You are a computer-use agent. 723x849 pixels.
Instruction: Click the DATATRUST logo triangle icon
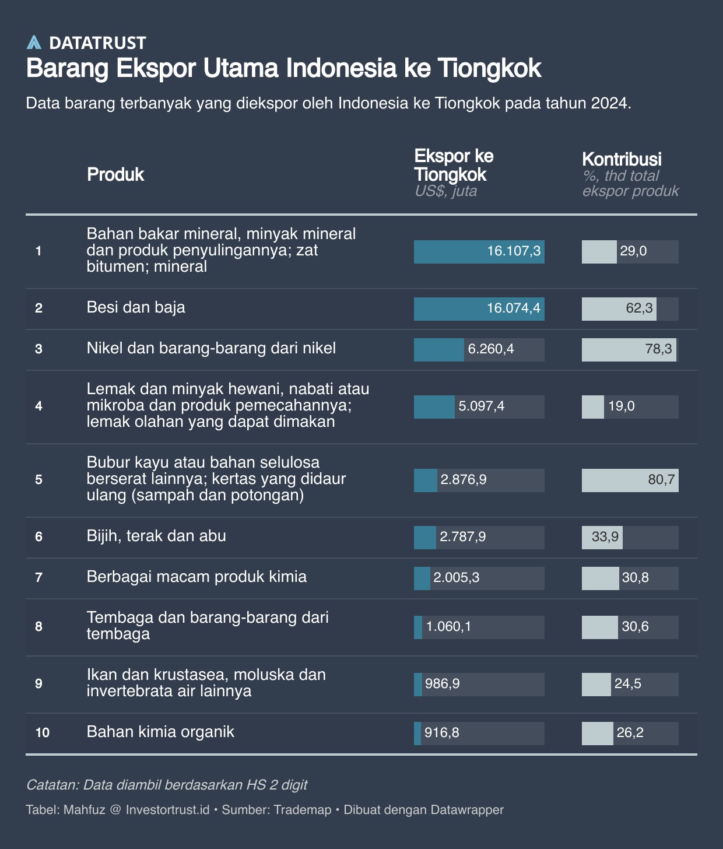34,43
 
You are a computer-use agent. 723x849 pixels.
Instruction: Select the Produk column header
115,174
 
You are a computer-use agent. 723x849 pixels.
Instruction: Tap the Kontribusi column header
622,159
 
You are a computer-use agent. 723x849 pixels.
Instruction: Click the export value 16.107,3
514,251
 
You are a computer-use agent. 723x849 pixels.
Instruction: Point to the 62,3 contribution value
639,308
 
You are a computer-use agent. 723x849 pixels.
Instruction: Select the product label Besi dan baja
136,307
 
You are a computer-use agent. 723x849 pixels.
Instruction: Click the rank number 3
38,349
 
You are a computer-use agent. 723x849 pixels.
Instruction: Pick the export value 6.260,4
491,349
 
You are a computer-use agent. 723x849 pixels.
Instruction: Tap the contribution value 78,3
658,349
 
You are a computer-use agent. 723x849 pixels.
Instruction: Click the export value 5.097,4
481,406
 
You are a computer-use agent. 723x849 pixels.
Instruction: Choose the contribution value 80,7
661,480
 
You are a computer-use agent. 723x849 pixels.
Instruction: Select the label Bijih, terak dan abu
156,536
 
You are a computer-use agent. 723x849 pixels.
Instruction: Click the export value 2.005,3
457,578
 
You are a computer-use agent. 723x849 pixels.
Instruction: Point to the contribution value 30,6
635,627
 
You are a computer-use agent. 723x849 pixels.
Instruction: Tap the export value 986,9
443,684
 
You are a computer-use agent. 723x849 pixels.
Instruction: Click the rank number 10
42,733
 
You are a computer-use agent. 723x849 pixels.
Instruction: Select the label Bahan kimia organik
160,732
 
